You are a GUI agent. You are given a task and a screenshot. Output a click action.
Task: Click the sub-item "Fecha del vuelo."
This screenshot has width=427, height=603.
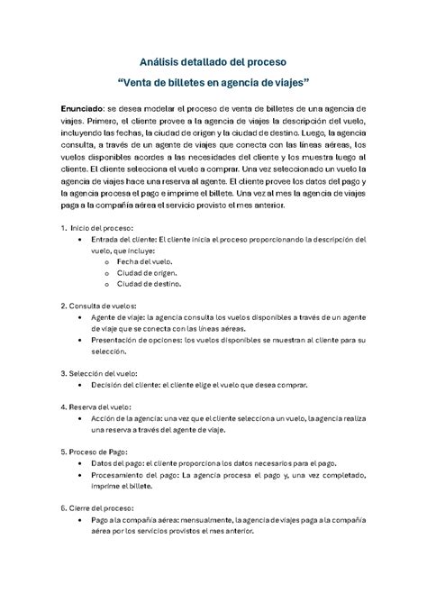point(140,260)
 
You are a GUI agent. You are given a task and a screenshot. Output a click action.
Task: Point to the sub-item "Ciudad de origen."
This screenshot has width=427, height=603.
point(145,272)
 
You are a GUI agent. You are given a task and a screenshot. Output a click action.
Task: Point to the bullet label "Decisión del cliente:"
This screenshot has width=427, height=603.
point(125,384)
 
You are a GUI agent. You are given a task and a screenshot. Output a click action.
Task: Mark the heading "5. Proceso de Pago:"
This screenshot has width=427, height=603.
point(95,451)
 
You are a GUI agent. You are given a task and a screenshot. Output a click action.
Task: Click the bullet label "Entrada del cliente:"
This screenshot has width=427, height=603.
point(123,239)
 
